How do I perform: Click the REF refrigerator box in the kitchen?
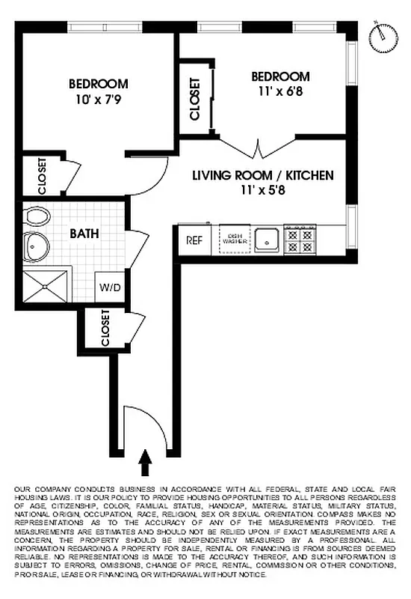point(194,240)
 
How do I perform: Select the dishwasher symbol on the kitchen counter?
point(235,240)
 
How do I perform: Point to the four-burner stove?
point(301,240)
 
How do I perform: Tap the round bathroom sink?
point(34,245)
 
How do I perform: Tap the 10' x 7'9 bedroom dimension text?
point(98,98)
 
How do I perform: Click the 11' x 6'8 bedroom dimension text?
point(279,91)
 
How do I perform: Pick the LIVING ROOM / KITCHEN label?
point(262,176)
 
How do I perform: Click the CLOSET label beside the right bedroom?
point(195,100)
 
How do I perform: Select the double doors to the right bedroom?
point(258,148)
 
